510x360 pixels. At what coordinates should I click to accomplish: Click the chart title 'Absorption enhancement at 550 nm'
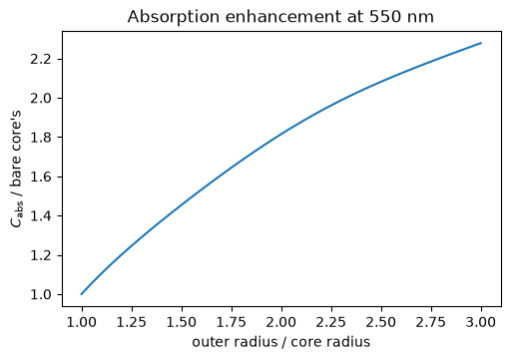pos(280,17)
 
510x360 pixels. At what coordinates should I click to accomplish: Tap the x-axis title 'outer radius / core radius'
pos(281,342)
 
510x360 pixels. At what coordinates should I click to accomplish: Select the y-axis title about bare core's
pos(16,169)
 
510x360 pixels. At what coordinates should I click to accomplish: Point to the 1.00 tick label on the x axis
pos(82,322)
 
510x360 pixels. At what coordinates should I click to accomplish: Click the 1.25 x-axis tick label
pos(132,322)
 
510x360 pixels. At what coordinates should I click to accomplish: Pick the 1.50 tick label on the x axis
pos(182,322)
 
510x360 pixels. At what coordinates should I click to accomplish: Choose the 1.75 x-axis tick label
pos(232,322)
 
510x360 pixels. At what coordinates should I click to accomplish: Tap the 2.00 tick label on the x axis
pos(281,322)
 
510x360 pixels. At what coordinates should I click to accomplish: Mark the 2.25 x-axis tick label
pos(331,322)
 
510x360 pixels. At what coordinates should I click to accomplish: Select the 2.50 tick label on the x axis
pos(381,322)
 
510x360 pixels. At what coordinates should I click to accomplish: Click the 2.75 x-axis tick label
pos(431,322)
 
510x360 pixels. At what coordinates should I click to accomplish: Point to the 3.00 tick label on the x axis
pos(481,322)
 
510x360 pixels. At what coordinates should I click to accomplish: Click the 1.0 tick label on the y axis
pos(41,295)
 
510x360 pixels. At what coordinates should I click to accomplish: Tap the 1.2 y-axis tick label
pos(41,255)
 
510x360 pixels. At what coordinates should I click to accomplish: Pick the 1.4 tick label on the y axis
pos(41,216)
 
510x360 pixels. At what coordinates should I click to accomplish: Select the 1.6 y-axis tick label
pos(41,177)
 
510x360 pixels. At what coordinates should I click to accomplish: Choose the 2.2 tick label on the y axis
pos(41,59)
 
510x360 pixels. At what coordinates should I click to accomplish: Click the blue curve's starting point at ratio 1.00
pos(82,294)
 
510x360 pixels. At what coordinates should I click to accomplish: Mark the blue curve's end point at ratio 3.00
pos(481,43)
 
